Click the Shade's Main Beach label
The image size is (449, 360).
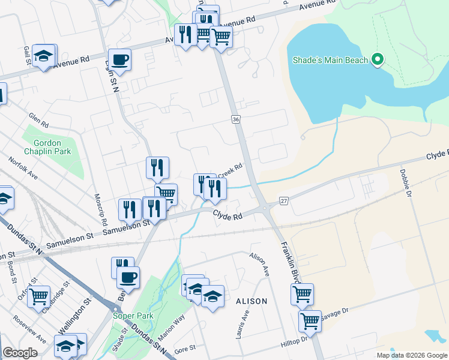[331, 60]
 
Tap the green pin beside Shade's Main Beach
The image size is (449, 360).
[378, 59]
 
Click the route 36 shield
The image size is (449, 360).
[236, 120]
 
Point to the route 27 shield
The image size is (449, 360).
[284, 200]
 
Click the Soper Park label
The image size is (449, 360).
[133, 316]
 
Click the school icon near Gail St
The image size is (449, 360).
[43, 56]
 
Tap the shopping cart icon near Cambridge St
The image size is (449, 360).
[38, 295]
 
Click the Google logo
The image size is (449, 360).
[20, 353]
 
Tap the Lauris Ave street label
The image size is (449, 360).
[243, 324]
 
